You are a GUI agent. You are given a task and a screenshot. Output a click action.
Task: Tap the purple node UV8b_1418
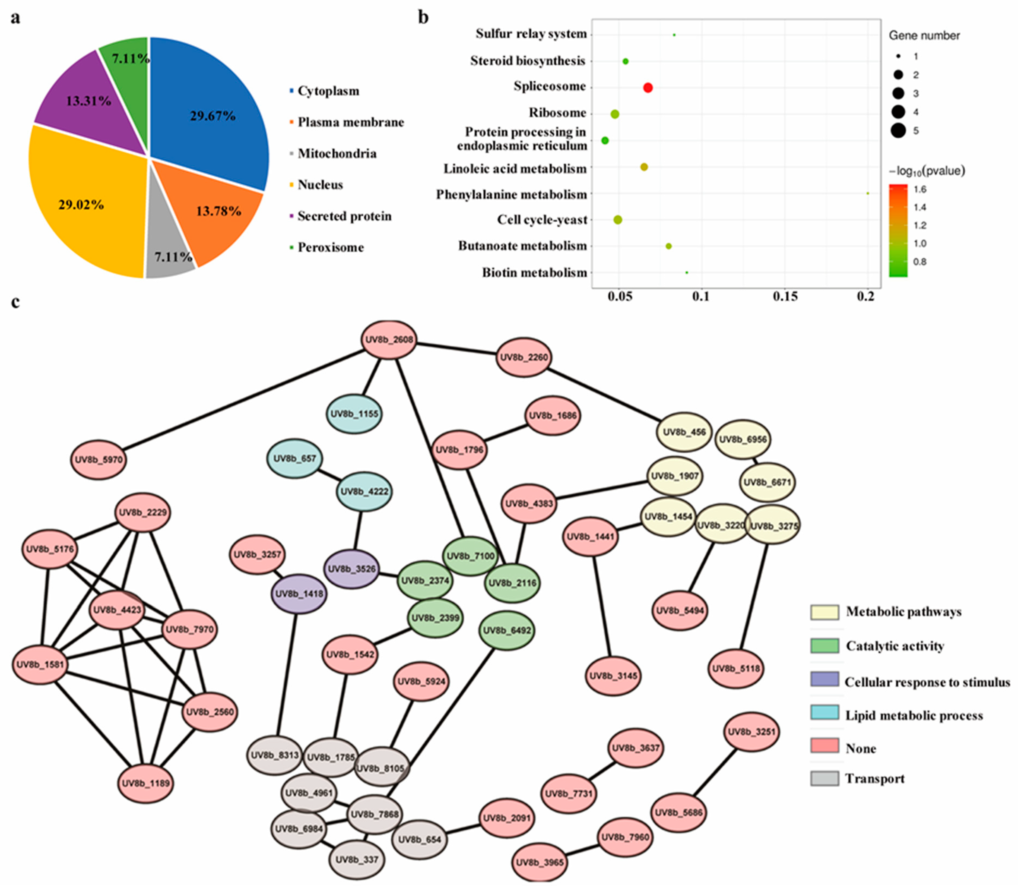click(299, 594)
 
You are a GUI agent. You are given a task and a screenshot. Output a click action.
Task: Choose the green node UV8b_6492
click(506, 630)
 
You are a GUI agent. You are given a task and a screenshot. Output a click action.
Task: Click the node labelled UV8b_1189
click(146, 783)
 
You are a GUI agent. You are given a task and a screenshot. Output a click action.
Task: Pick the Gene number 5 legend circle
click(898, 131)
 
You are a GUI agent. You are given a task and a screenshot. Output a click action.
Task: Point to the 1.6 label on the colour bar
click(919, 189)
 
